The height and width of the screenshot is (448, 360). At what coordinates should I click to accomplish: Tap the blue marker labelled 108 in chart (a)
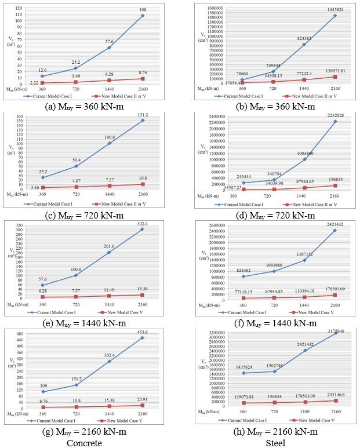(142, 16)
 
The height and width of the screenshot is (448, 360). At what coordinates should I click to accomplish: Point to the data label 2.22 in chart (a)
(34, 83)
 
